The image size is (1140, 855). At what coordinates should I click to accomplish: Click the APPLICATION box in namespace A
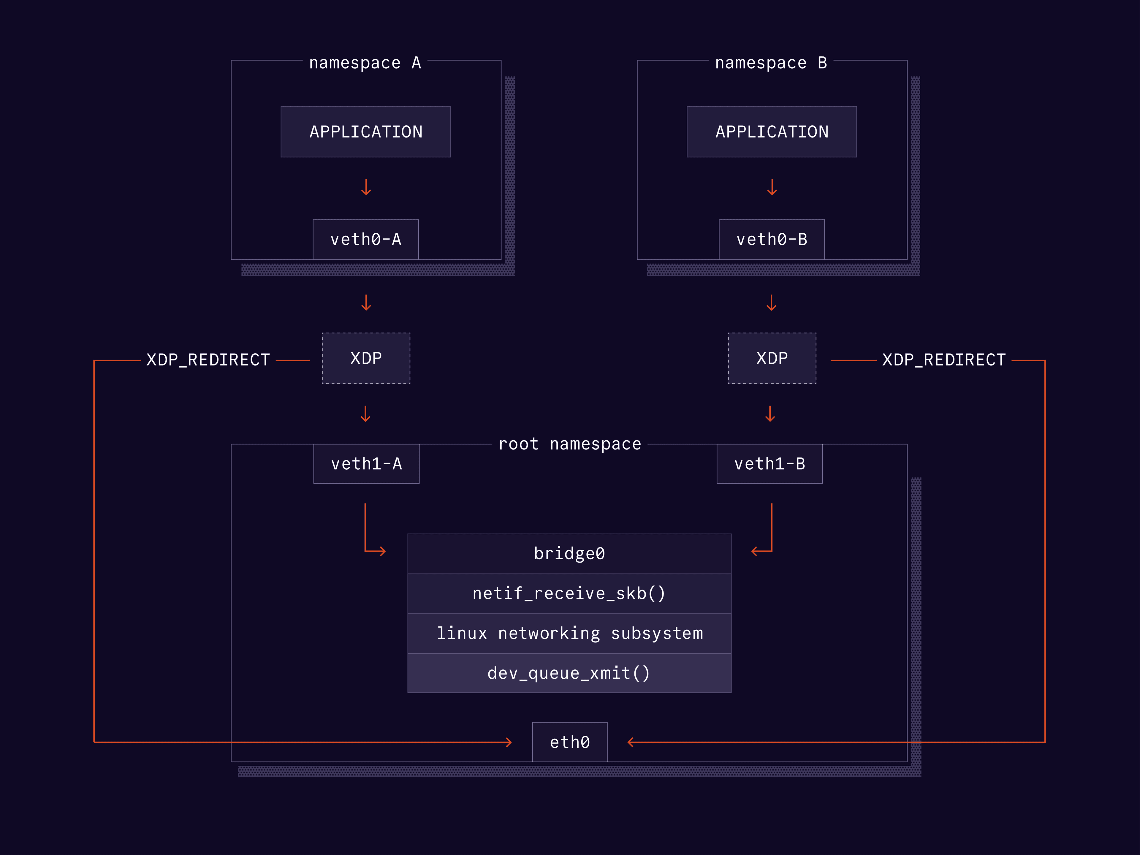coord(365,132)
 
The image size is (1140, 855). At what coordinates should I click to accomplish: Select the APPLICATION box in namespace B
coord(772,132)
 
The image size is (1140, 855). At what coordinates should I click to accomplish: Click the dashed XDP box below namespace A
coord(366,358)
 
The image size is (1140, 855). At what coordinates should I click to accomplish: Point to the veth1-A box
coord(366,464)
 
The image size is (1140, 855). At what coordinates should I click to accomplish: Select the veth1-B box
coord(769,464)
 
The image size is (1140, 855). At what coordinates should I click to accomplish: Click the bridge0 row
coord(569,553)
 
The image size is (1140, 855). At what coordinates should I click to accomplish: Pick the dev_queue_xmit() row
coord(569,673)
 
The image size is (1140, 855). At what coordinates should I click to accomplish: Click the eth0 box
coord(569,742)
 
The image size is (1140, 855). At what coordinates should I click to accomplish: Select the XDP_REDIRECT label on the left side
coord(208,360)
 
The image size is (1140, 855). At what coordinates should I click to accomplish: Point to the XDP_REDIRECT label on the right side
coord(944,360)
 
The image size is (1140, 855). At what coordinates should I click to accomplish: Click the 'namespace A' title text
coord(365,63)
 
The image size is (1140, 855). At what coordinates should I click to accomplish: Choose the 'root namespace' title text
coord(569,444)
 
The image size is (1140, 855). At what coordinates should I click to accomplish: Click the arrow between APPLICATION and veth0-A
coord(366,188)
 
